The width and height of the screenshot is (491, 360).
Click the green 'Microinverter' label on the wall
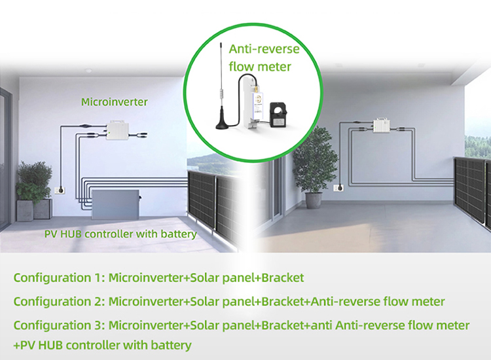115,102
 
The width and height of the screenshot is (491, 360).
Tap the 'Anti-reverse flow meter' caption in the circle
264,58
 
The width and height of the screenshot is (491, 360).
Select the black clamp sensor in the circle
278,115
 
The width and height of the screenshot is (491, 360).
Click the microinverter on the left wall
118,130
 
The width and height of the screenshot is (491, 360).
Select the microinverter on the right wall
382,126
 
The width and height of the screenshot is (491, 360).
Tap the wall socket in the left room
60,190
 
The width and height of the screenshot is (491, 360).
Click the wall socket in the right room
338,188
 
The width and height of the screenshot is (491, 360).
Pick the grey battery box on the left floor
115,204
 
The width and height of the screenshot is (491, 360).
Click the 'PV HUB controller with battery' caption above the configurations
120,234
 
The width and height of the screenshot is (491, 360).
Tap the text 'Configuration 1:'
59,278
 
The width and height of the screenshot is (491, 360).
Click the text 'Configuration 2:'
59,302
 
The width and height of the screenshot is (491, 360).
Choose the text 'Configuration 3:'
59,325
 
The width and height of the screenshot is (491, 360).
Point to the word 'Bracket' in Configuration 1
282,278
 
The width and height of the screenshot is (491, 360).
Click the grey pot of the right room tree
314,200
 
